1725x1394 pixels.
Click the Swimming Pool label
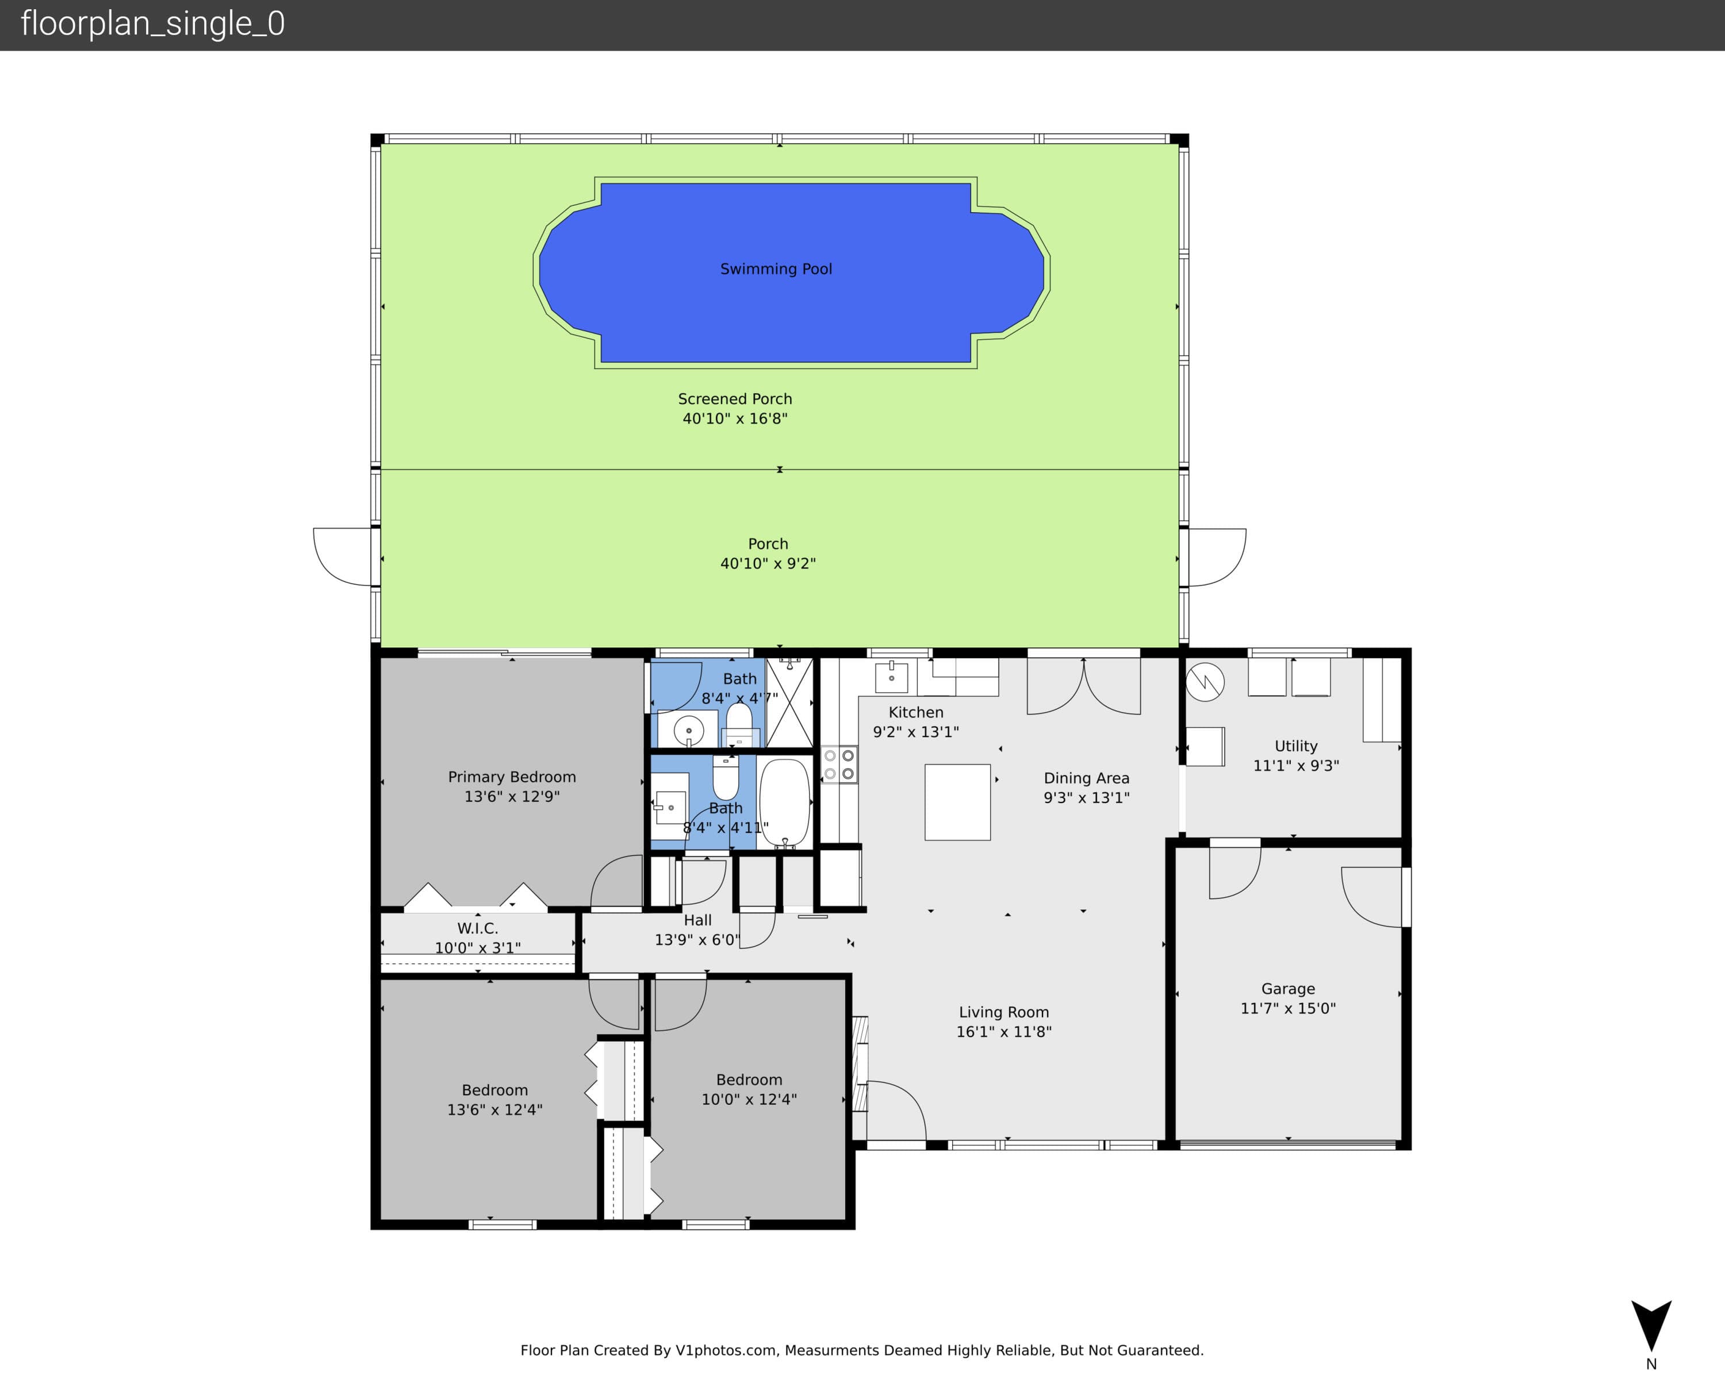[x=776, y=269]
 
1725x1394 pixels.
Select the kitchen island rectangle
[x=957, y=802]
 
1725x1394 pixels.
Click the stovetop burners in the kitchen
[x=839, y=765]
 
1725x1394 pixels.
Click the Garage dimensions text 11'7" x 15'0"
[x=1288, y=1008]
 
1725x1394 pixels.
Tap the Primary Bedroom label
[x=512, y=777]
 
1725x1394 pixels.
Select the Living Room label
[x=1004, y=1012]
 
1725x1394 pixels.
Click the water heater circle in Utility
[x=1205, y=682]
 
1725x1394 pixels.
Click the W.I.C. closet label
[x=478, y=928]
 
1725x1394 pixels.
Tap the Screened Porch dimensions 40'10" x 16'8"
[x=735, y=418]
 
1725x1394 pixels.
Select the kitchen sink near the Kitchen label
[x=891, y=677]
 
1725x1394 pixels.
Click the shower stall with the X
[x=789, y=702]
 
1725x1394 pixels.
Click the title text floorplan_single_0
[x=152, y=24]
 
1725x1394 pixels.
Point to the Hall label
[x=698, y=920]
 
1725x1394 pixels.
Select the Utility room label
[x=1296, y=746]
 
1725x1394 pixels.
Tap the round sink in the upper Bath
[x=688, y=731]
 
